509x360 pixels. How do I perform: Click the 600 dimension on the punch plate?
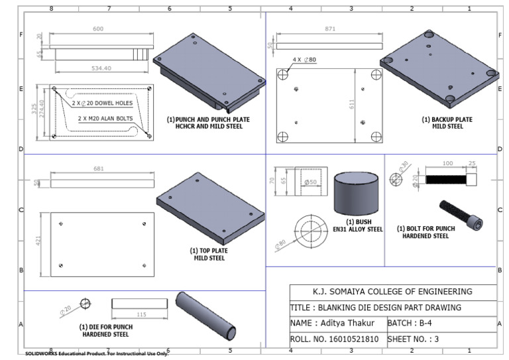pyautogui.click(x=98, y=29)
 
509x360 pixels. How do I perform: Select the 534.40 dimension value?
pyautogui.click(x=100, y=68)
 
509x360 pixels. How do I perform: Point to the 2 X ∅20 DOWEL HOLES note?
pyautogui.click(x=103, y=103)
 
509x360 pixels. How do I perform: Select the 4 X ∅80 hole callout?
pyautogui.click(x=304, y=60)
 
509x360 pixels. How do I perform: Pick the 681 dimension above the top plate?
pyautogui.click(x=99, y=169)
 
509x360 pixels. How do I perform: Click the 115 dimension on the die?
pyautogui.click(x=141, y=314)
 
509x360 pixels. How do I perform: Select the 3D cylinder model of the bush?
pyautogui.click(x=356, y=192)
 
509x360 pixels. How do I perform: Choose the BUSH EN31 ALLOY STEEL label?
pyautogui.click(x=358, y=225)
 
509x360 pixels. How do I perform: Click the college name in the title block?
pyautogui.click(x=392, y=292)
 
